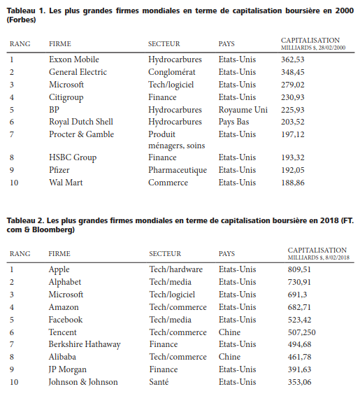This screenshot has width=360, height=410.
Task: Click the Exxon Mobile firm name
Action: pos(73,59)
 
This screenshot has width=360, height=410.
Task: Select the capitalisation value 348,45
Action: pos(294,72)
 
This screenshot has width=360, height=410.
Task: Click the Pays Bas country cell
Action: pos(236,122)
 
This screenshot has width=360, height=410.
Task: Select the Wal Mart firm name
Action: pos(66,183)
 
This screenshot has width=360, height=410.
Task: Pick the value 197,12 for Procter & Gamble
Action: pos(294,134)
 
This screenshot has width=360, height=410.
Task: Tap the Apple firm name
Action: pos(59,269)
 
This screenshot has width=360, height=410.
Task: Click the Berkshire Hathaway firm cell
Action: pos(85,344)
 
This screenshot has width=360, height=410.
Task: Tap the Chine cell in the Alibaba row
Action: pos(231,357)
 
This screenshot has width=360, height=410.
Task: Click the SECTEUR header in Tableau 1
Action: pos(164,44)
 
